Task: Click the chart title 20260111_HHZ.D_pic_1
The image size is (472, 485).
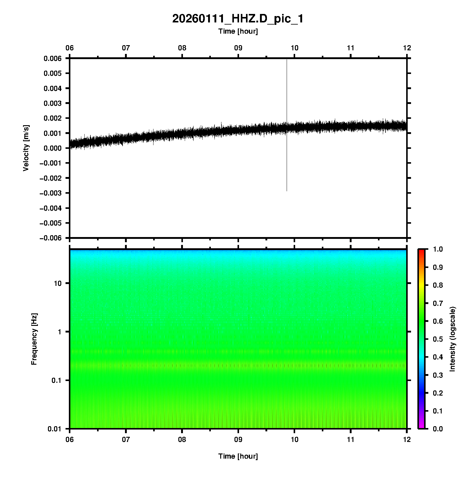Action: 238,19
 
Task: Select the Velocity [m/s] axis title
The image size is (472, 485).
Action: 26,148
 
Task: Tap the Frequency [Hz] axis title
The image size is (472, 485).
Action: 34,339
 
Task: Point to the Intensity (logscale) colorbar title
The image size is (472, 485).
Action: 453,339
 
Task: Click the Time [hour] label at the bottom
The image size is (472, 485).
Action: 238,456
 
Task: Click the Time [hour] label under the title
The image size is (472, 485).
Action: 238,31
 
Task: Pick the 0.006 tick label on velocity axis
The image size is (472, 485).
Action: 52,59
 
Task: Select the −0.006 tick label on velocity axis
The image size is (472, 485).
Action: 51,238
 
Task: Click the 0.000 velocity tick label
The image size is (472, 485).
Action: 52,148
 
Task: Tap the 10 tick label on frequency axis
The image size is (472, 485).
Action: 58,283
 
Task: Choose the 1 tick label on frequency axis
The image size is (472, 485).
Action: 59,332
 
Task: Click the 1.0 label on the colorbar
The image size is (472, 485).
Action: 438,249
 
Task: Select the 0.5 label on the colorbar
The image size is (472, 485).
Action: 438,339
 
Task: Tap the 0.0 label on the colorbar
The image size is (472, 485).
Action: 438,429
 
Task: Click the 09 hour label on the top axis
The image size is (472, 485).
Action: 238,48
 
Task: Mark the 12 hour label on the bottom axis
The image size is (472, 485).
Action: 407,440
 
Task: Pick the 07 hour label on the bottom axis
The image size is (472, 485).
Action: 126,440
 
